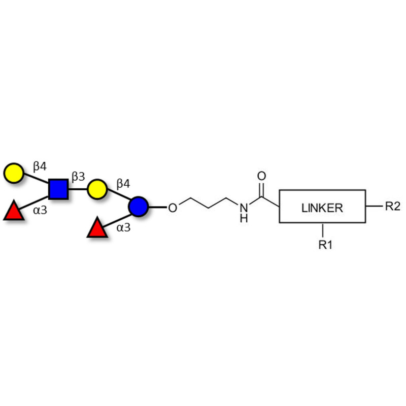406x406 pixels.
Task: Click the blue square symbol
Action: [58, 189]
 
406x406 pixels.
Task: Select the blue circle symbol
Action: [138, 207]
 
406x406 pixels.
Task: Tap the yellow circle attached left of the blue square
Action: [14, 173]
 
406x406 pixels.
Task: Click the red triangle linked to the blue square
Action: [14, 211]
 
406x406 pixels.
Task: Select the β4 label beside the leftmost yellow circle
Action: [40, 165]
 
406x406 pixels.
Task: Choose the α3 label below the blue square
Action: [40, 209]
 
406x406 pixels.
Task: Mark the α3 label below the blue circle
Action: [123, 227]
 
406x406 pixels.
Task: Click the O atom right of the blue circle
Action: [173, 208]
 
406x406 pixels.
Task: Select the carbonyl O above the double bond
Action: [262, 177]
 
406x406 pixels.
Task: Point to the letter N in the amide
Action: [244, 208]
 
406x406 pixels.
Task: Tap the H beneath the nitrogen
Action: [244, 219]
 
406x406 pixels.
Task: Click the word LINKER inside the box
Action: [322, 208]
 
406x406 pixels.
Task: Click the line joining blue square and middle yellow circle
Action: [78, 189]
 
